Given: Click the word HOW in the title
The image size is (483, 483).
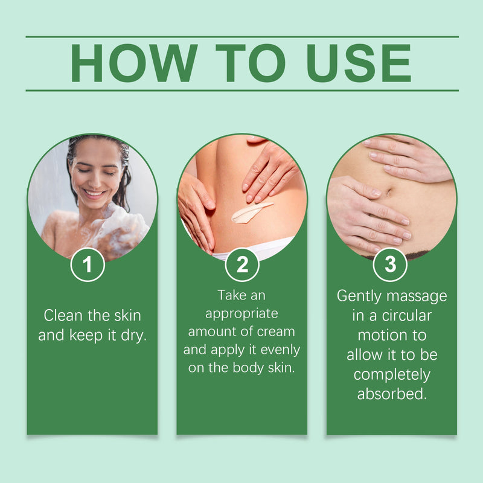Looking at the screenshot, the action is coord(134,63).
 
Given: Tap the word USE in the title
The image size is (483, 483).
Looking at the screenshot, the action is coord(359,63).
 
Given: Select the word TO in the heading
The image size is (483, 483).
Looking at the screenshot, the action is coord(251,63).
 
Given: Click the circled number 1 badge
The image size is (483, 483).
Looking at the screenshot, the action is coord(88,264).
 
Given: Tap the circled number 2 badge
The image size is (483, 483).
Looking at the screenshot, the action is coord(242,264).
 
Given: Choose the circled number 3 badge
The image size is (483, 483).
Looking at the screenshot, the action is coord(390,264).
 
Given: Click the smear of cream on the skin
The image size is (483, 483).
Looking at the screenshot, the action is coord(251,212).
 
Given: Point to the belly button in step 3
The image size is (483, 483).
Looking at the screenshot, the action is coord(388,193).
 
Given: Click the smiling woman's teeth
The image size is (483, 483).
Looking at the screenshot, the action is coord(94,194).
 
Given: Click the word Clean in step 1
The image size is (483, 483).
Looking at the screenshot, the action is coord(63,315).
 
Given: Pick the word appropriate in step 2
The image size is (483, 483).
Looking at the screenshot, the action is coord(242,314).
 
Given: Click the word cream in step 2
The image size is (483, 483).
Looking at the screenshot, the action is coord(276,331).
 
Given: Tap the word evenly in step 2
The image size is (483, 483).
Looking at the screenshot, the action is coord(280,350).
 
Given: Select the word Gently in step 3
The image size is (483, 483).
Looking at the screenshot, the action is coord(359,296).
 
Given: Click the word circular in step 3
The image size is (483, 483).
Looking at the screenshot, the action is coord(406,315).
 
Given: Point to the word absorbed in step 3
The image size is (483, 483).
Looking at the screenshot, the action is coord(392,394).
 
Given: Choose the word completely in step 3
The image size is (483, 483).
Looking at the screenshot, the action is coord(392,375).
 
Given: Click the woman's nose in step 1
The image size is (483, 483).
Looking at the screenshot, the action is coord(96,180).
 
